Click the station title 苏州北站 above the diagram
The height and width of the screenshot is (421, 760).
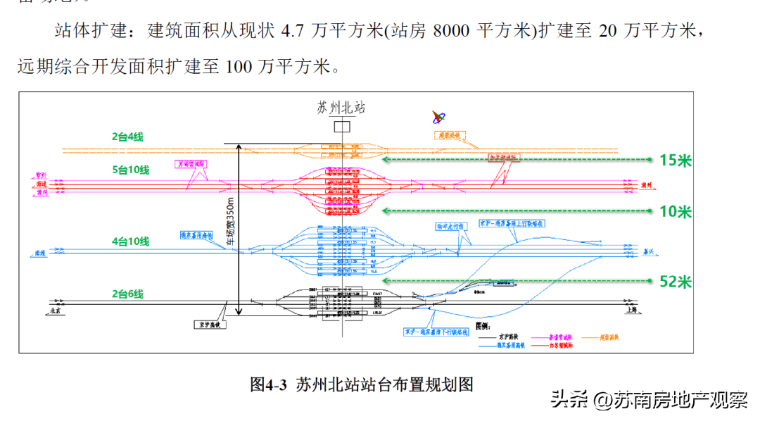tap(341, 108)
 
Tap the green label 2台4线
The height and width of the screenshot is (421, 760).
tap(127, 137)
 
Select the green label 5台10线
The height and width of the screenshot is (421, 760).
tap(130, 169)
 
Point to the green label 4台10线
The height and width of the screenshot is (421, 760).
tap(130, 241)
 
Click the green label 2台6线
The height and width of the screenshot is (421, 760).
tap(127, 294)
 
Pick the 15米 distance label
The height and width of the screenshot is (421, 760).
tap(676, 161)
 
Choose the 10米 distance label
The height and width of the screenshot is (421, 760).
tap(676, 212)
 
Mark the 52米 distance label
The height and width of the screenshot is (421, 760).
tap(676, 282)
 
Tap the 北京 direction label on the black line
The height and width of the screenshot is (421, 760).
tap(53, 309)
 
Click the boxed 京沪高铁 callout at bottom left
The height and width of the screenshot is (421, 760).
tap(208, 325)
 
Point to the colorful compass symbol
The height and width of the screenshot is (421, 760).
tap(438, 117)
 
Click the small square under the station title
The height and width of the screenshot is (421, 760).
tap(342, 127)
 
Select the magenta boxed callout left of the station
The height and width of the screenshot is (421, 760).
tap(190, 164)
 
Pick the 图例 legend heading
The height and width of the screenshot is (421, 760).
tap(483, 327)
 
